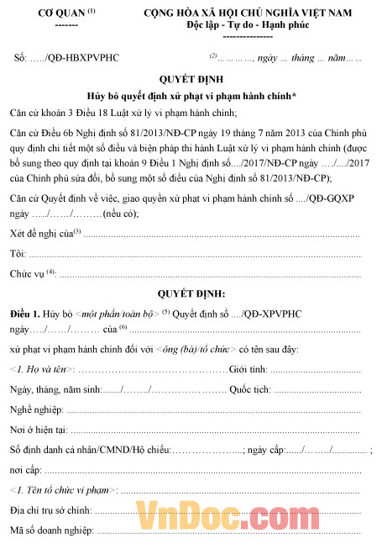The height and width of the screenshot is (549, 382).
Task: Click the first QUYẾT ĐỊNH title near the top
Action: (x=191, y=79)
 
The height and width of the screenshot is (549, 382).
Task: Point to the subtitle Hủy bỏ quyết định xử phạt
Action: (x=191, y=96)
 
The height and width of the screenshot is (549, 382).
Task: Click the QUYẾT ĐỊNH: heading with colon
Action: (x=191, y=293)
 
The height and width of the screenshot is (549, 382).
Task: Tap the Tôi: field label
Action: (x=18, y=252)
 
